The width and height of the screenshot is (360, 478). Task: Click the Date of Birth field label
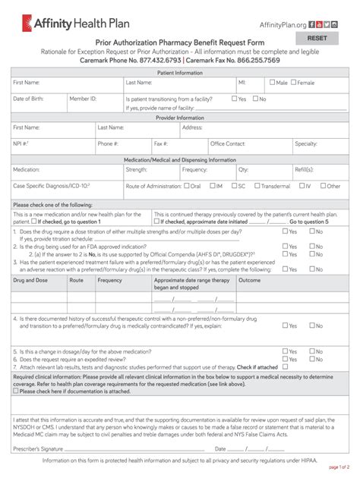31,99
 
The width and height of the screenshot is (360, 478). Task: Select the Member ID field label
83,99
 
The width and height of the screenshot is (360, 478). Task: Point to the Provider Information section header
180,118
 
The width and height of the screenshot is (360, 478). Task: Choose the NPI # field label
21,143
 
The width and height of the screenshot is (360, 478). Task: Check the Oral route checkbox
185,186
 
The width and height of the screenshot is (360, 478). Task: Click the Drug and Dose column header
30,259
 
